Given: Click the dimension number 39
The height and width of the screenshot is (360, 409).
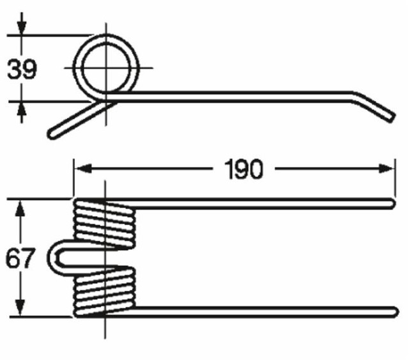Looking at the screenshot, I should click(22, 68).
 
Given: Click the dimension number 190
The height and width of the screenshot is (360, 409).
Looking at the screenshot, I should click(243, 169).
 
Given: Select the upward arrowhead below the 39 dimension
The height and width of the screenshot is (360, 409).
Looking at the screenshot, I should click(22, 109).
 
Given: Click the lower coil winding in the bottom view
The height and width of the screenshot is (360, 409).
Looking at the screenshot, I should click(105, 292).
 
